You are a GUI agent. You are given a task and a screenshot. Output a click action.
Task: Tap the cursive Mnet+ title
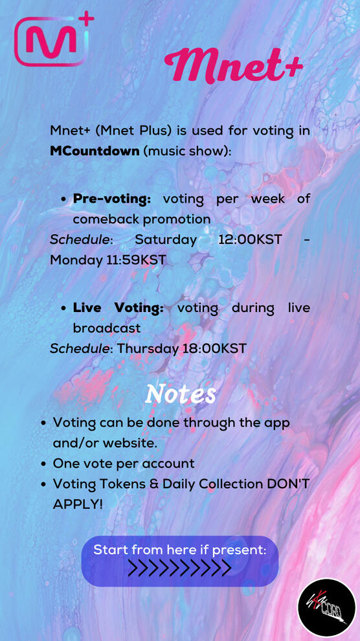tap(233, 65)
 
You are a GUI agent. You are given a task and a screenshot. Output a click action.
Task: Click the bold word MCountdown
tap(95, 151)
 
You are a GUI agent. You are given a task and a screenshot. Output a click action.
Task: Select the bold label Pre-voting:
tap(112, 199)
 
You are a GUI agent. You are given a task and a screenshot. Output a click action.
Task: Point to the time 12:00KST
tap(250, 239)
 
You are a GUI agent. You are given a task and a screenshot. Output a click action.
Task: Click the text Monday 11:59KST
tap(108, 260)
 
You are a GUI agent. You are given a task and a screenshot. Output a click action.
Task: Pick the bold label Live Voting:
tap(118, 308)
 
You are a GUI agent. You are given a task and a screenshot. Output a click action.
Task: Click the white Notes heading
tap(180, 394)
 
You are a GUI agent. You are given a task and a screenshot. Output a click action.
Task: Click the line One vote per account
tap(124, 464)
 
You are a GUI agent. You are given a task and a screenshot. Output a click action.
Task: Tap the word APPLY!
tap(78, 504)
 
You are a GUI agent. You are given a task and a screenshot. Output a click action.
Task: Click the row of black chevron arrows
tap(180, 568)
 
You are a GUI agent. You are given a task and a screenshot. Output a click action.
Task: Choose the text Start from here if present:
tap(180, 550)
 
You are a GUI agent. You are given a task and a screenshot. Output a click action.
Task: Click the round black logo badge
tap(326, 607)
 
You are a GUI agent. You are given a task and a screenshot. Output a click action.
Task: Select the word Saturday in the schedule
tap(166, 240)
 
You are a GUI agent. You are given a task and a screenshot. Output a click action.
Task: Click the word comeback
tap(106, 219)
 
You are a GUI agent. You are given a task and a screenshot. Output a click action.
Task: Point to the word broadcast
tap(107, 328)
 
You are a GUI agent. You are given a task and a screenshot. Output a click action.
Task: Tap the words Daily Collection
tap(212, 484)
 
